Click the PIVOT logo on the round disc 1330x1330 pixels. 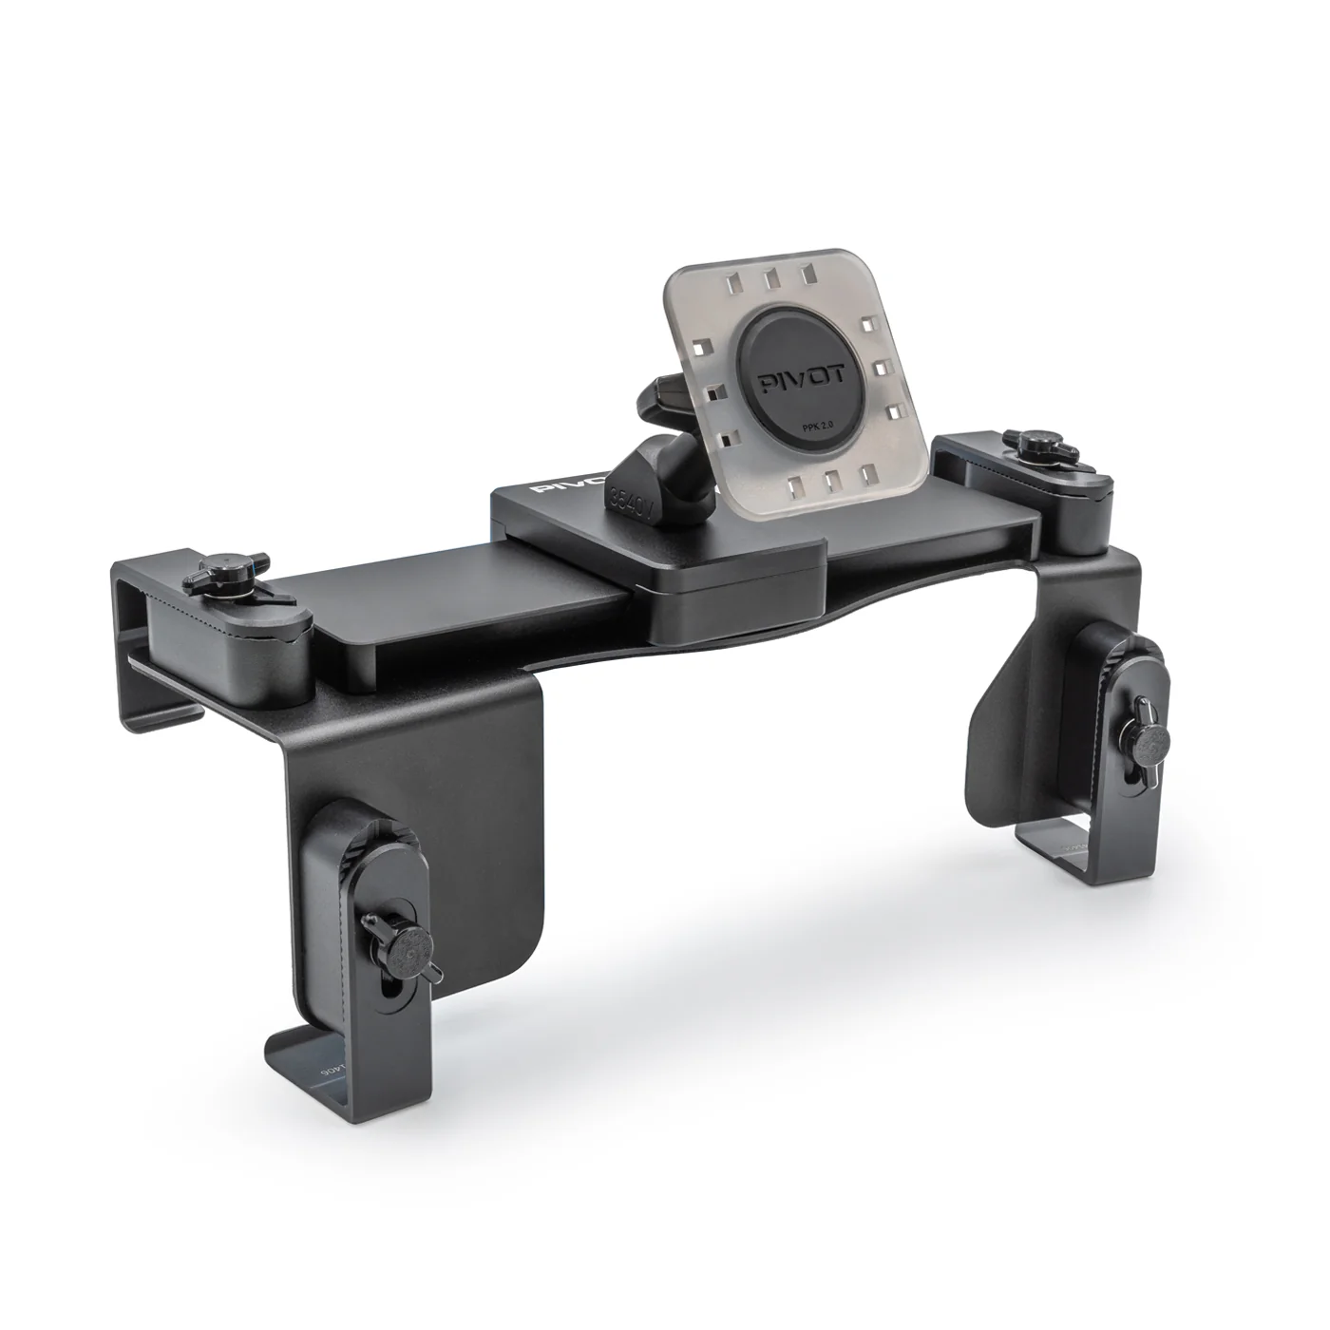[x=789, y=387]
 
